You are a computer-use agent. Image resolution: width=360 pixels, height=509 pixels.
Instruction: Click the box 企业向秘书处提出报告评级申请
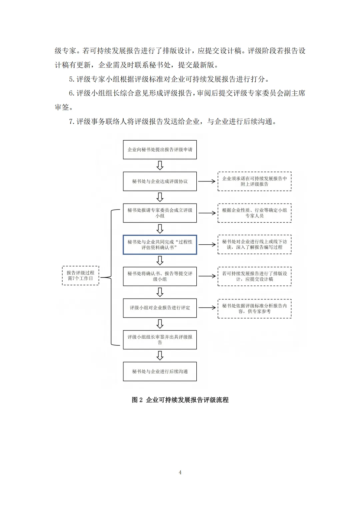click(160, 150)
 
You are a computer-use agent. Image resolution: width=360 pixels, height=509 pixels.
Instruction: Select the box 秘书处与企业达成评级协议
click(160, 181)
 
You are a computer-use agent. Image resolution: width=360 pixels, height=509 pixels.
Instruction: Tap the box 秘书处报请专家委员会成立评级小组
click(160, 213)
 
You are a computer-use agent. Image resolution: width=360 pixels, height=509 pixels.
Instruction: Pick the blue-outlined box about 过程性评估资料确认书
click(160, 245)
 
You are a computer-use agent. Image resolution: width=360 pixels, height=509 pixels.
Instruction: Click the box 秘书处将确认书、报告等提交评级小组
click(160, 276)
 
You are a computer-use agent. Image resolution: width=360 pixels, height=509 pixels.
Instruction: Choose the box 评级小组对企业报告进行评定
click(160, 308)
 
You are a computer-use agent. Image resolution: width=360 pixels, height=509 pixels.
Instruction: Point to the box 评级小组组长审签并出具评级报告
click(160, 340)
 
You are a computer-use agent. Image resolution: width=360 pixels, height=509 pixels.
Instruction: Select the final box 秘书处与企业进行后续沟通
click(160, 371)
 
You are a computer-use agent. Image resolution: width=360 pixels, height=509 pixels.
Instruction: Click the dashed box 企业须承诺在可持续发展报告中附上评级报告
click(254, 181)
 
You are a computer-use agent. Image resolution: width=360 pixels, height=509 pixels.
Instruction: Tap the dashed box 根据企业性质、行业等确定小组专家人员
click(254, 213)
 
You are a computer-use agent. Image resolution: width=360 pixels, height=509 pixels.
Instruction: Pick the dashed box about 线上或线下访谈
click(254, 245)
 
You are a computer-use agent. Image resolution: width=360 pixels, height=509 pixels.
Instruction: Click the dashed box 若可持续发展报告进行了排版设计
click(254, 276)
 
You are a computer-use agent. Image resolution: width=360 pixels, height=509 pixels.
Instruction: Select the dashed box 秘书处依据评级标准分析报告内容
click(254, 309)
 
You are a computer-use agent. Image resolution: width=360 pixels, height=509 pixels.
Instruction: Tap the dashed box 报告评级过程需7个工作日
click(80, 276)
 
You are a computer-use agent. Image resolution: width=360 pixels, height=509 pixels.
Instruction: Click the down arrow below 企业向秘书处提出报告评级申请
click(160, 165)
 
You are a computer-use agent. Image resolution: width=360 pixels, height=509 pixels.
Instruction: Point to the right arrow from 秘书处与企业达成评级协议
click(207, 181)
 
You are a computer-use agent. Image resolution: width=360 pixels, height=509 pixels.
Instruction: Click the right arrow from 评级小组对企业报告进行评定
click(207, 308)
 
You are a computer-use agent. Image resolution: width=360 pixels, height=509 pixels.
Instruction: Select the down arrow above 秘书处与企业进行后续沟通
click(160, 356)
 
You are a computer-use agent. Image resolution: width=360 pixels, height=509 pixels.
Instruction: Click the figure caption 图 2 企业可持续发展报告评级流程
click(180, 400)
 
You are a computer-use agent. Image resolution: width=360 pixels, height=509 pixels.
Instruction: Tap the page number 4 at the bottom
click(180, 472)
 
